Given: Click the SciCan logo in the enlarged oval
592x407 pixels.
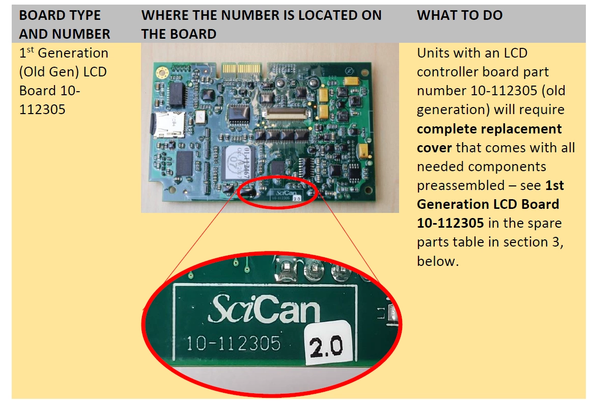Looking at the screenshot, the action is [264, 309].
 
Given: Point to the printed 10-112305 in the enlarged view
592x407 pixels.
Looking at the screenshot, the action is [234, 343].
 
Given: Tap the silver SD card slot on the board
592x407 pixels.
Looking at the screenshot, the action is [168, 124].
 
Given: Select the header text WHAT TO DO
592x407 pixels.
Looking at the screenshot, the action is [460, 15].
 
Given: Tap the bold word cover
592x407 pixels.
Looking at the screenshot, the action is [434, 148].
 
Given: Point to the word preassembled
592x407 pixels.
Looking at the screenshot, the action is [461, 186].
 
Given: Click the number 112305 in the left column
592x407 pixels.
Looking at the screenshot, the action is [42, 110].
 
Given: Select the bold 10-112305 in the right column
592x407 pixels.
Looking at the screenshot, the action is [450, 223].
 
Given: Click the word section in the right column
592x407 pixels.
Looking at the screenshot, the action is [525, 242].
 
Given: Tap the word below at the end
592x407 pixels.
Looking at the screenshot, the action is [438, 261].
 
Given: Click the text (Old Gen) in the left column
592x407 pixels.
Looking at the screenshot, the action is [63, 72].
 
